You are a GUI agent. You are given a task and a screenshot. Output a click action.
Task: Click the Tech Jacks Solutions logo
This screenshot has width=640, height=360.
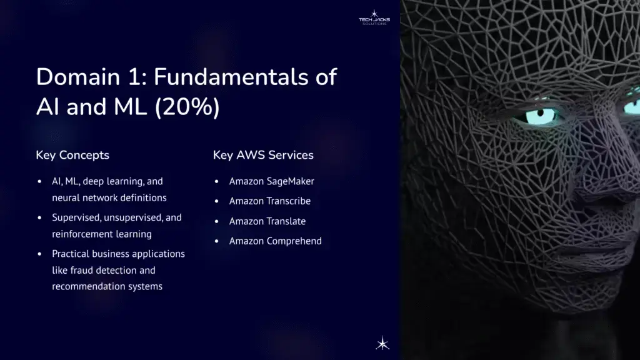tap(374, 17)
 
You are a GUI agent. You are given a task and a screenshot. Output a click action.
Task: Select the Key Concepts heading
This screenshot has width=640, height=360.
tap(72, 155)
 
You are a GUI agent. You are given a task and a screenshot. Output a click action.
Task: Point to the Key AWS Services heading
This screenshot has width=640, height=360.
tap(263, 155)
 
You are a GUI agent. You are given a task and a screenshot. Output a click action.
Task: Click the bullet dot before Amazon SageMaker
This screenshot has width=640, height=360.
tap(216, 182)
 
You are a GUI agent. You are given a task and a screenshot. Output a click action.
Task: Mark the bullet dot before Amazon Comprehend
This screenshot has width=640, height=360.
tap(216, 241)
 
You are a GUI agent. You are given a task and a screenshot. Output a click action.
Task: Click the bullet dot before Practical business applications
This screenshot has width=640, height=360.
tap(39, 254)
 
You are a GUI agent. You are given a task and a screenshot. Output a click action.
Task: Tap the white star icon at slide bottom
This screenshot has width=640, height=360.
tap(382, 342)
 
